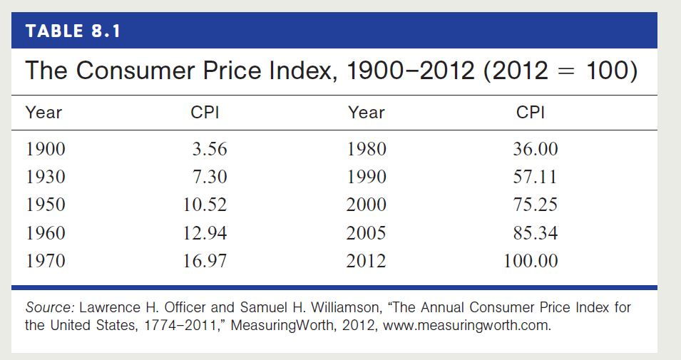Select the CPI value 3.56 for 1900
[x=210, y=150]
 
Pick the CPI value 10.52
[x=205, y=205]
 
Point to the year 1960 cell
[x=45, y=233]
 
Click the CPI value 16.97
[x=205, y=262]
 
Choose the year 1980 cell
[x=367, y=150]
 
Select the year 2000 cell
[x=367, y=205]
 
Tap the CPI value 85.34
[x=536, y=233]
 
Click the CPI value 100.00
[x=531, y=262]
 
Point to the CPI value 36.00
[x=536, y=150]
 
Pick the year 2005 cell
[x=367, y=233]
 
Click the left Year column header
[x=43, y=113]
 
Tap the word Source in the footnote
[x=49, y=309]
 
